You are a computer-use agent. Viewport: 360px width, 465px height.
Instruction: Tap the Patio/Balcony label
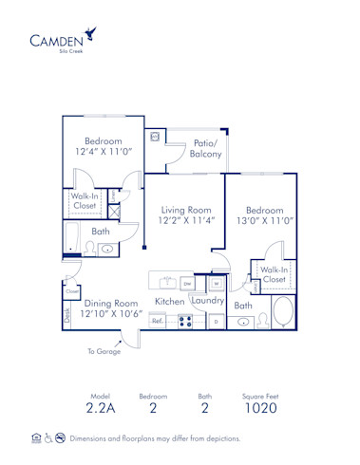coord(205,148)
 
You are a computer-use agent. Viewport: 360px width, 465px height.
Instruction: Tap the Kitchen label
coord(170,302)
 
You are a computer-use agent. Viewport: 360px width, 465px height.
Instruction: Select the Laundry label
coord(208,301)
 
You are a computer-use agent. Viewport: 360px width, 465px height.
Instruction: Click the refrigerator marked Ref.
coord(158,322)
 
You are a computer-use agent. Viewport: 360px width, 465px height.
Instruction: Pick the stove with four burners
coord(184,322)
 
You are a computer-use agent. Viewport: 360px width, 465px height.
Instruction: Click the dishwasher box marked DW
coord(186,283)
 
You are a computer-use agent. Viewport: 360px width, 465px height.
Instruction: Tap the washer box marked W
coord(217,283)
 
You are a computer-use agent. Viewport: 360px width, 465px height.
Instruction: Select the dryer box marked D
coord(216,322)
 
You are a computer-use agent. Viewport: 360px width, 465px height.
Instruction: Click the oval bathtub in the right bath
coord(283,312)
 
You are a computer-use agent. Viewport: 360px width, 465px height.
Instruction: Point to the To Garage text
coord(104,351)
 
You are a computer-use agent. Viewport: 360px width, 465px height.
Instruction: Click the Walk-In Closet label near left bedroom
coord(85,199)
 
